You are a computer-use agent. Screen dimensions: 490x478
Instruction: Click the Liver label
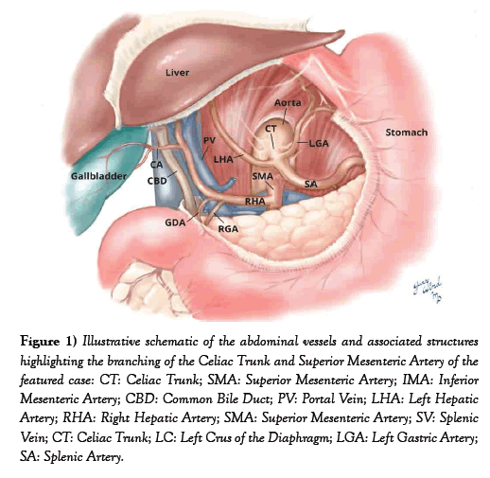pyautogui.click(x=178, y=73)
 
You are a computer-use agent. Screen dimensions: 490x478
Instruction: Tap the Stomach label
pyautogui.click(x=407, y=133)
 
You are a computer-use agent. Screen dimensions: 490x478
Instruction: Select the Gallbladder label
pyautogui.click(x=98, y=176)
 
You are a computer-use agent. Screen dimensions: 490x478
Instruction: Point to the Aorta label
pyautogui.click(x=288, y=102)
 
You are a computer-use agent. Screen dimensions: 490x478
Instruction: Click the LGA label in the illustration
pyautogui.click(x=319, y=144)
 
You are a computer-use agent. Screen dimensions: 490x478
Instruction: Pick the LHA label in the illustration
pyautogui.click(x=223, y=159)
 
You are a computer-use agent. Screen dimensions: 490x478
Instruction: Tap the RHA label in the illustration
pyautogui.click(x=255, y=201)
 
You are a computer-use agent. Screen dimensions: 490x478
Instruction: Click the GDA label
pyautogui.click(x=175, y=222)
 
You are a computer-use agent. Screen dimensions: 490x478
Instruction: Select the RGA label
pyautogui.click(x=228, y=229)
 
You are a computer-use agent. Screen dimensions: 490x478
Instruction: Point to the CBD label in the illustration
pyautogui.click(x=157, y=181)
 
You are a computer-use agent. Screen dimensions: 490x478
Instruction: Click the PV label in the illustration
pyautogui.click(x=209, y=140)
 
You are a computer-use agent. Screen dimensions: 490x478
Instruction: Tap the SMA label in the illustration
pyautogui.click(x=262, y=176)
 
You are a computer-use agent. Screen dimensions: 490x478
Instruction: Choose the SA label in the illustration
pyautogui.click(x=311, y=184)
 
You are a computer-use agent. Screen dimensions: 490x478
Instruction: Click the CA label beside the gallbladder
pyautogui.click(x=157, y=165)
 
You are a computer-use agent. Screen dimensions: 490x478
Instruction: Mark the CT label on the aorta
pyautogui.click(x=271, y=129)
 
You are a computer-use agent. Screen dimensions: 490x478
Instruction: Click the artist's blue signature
pyautogui.click(x=428, y=290)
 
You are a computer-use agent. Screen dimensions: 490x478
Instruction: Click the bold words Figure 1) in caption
pyautogui.click(x=48, y=342)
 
